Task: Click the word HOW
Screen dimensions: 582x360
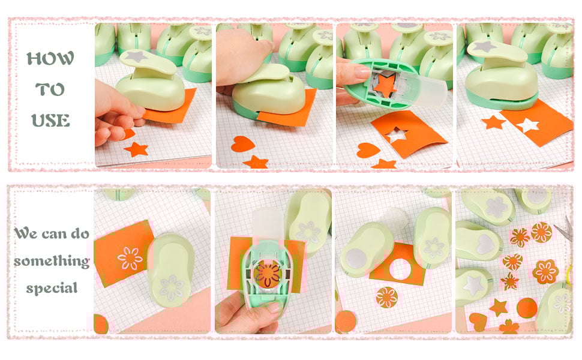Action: pos(50,58)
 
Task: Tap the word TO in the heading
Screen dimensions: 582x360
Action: pos(50,89)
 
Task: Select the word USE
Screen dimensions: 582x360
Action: pos(50,121)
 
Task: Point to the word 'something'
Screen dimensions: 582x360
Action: pos(52,261)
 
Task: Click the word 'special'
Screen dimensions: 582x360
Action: pos(52,288)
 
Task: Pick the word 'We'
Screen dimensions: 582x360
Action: pos(26,233)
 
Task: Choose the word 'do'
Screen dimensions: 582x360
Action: pos(80,233)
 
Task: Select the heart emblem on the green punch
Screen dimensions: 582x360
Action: pos(485,244)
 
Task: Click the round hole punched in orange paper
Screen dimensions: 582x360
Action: pos(400,269)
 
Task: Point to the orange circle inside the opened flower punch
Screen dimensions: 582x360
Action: pos(268,274)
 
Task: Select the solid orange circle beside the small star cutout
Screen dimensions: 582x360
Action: pos(526,308)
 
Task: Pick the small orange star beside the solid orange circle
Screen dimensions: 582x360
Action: pos(498,307)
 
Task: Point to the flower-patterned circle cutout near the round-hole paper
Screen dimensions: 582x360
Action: pos(386,297)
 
